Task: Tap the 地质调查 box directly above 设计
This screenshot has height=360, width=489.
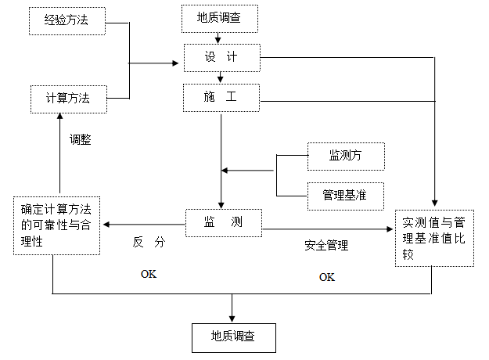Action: tap(221, 18)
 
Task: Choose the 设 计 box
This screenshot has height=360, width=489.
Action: tap(221, 58)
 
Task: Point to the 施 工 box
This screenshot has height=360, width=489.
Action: tap(221, 98)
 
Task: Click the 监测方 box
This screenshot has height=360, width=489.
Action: tap(346, 157)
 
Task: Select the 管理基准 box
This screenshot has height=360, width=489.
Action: tap(346, 193)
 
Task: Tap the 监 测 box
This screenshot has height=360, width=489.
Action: tap(223, 223)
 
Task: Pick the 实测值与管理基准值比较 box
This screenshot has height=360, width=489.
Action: tap(433, 238)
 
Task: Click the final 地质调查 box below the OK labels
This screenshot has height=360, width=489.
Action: tap(232, 336)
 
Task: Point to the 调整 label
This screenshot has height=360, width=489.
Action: tap(80, 140)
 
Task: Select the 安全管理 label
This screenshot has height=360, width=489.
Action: tap(326, 245)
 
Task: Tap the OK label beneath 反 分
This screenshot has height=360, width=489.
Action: tap(149, 274)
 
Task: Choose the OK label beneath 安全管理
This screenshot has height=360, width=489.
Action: tap(326, 277)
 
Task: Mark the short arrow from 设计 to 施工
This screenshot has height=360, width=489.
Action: tap(221, 77)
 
